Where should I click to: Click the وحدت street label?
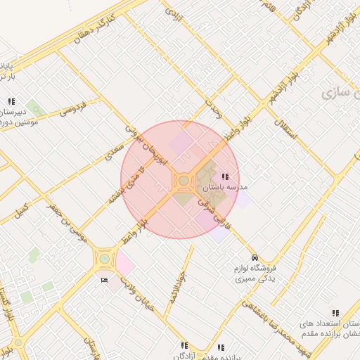pyautogui.click(x=213, y=109)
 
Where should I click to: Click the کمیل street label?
pyautogui.click(x=21, y=210)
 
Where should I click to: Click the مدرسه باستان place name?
pyautogui.click(x=225, y=188)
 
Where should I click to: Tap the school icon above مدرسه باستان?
pyautogui.click(x=225, y=177)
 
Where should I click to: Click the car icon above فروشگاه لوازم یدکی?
pyautogui.click(x=254, y=257)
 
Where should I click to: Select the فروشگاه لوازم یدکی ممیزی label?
pyautogui.click(x=254, y=274)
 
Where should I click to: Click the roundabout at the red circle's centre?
pyautogui.click(x=184, y=181)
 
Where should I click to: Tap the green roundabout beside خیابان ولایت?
pyautogui.click(x=104, y=259)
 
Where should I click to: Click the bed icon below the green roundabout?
pyautogui.click(x=105, y=281)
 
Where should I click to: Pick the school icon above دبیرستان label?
pyautogui.click(x=12, y=101)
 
